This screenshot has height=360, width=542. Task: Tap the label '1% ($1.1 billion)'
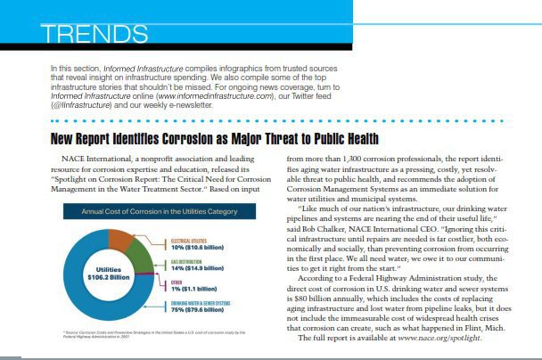[x=191, y=289]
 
